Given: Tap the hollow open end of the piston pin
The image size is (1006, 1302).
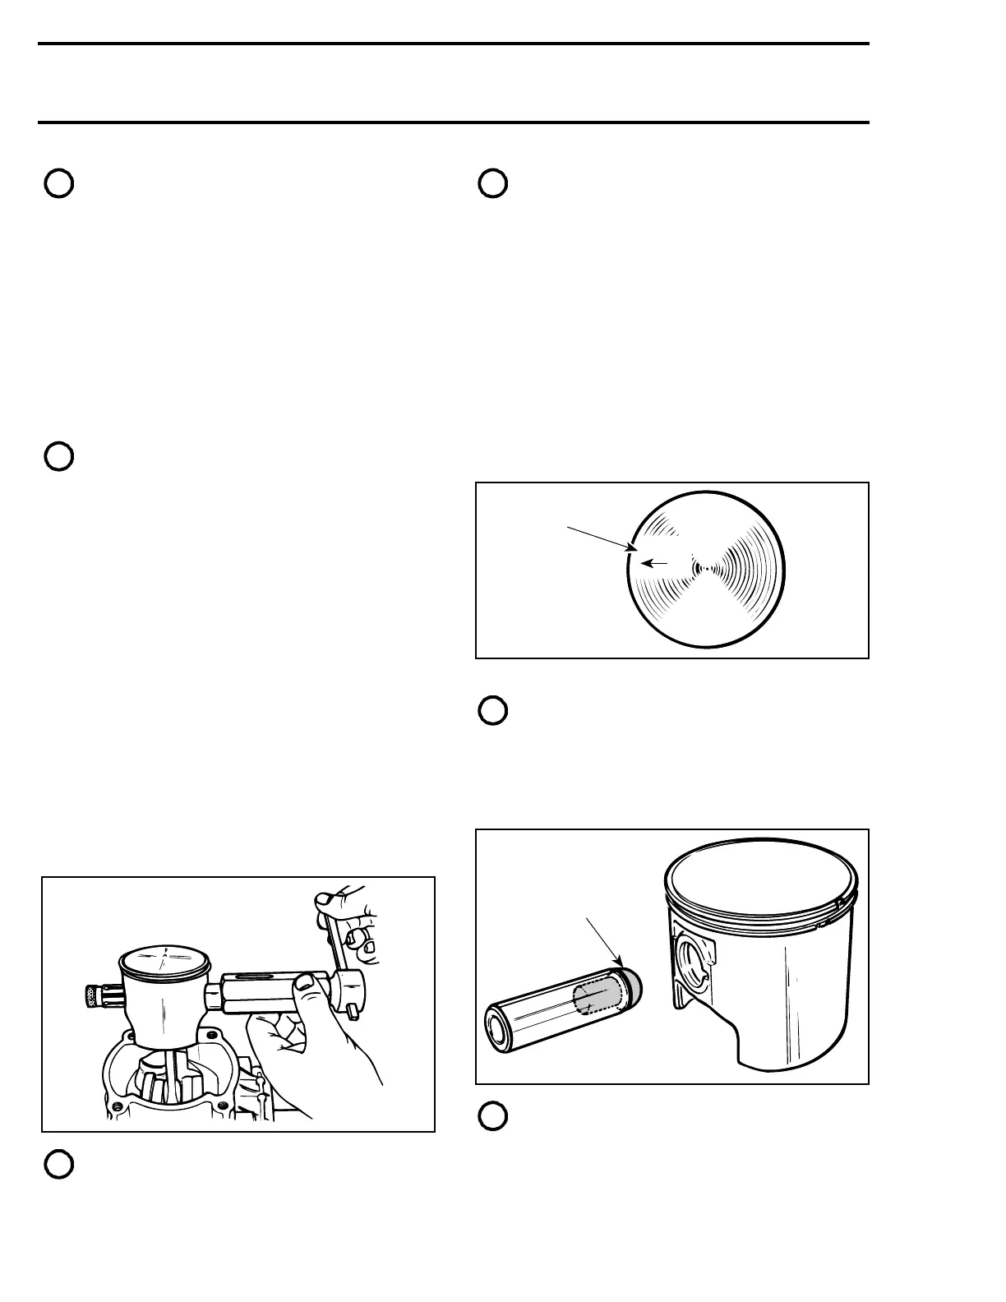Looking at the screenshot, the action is [498, 1023].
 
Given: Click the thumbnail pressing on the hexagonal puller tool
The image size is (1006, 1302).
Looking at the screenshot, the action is [306, 980].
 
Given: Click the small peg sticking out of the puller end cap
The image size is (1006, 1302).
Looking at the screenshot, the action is [353, 1010].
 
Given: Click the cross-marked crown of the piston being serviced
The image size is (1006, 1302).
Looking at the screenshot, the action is [164, 959].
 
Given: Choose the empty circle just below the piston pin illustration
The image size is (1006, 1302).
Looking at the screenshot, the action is [492, 1116].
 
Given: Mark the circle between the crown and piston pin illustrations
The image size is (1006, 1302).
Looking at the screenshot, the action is [492, 711].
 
